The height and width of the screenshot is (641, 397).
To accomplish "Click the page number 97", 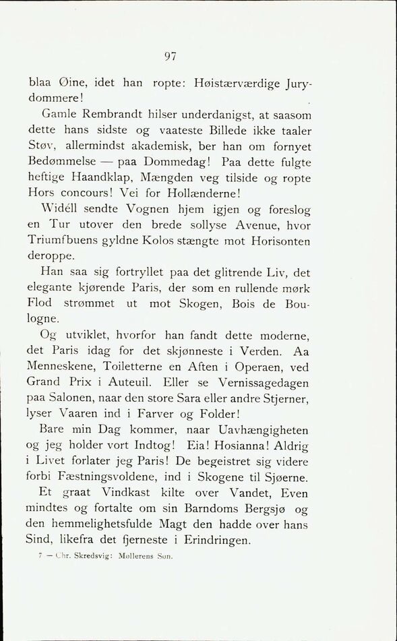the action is click(x=170, y=57).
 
